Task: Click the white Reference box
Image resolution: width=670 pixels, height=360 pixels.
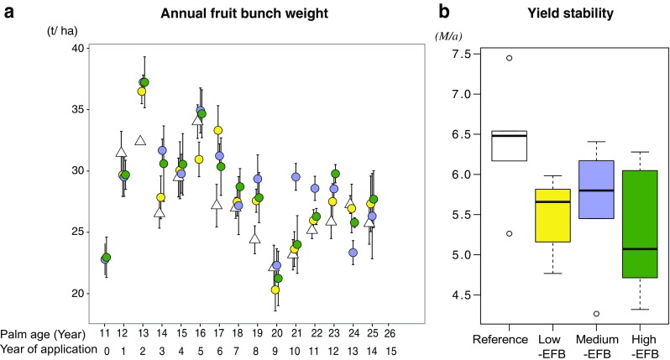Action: tap(510, 146)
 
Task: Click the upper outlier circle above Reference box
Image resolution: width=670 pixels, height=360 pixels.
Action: tap(510, 58)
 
